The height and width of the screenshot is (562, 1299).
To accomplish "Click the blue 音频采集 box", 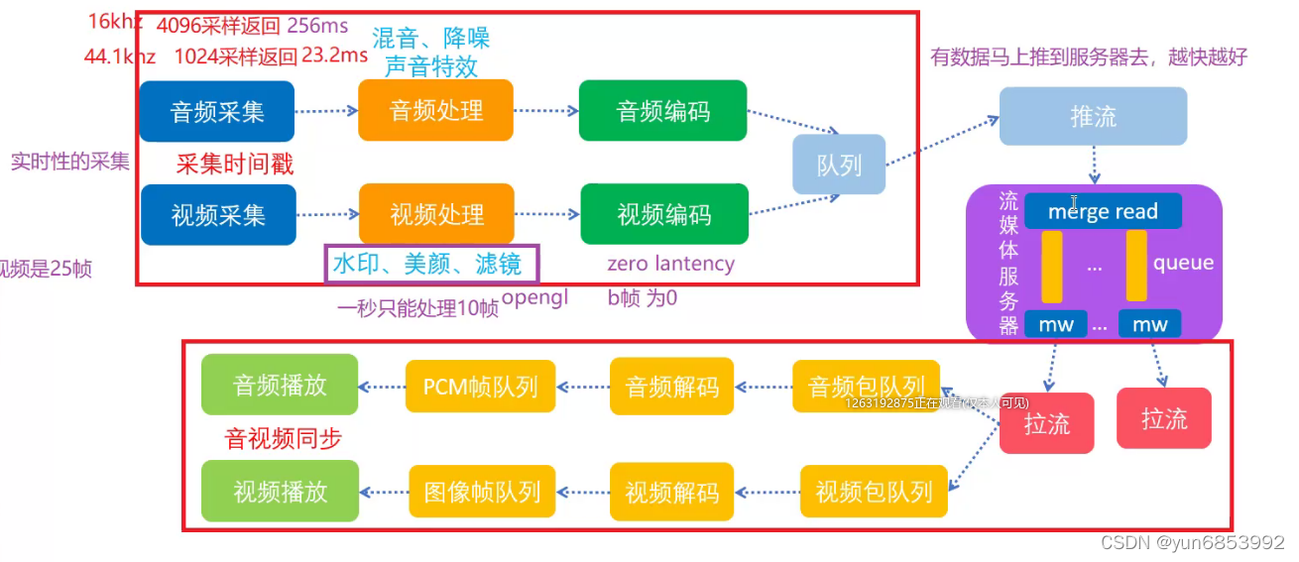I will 217,112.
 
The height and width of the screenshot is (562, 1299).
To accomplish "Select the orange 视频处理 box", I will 436,214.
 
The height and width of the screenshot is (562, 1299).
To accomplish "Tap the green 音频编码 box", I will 662,111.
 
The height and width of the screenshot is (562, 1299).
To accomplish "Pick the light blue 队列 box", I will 838,165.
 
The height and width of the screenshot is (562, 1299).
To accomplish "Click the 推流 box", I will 1093,116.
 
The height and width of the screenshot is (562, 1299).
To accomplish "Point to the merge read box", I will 1103,211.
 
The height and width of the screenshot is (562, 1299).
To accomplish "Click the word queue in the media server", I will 1183,263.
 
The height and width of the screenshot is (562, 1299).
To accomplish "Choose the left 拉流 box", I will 1046,424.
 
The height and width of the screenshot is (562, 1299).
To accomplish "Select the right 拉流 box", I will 1163,418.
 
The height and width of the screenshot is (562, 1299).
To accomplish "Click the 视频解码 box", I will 671,492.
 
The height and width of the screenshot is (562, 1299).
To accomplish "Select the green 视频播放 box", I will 280,492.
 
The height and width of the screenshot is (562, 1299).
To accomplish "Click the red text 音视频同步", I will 283,438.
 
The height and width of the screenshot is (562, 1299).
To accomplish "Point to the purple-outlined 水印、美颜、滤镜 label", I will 431,265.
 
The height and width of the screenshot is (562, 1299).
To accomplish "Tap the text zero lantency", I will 670,264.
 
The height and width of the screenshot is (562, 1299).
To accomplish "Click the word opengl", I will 534,297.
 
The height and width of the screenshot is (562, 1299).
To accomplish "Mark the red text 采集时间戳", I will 235,164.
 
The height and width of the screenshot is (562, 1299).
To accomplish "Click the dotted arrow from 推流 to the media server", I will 1094,165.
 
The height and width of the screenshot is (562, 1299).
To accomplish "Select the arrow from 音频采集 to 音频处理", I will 325,112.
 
